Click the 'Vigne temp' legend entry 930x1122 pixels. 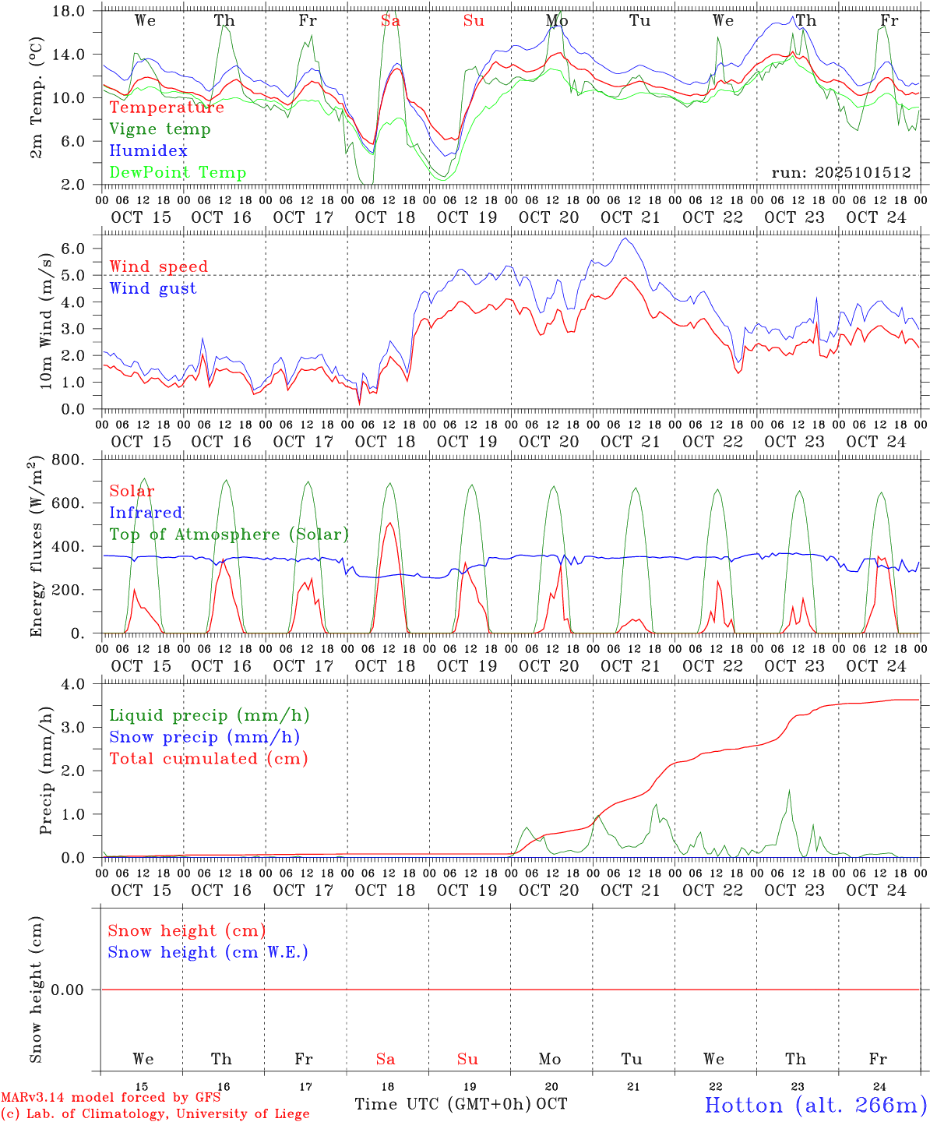point(160,129)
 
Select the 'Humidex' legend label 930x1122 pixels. point(148,151)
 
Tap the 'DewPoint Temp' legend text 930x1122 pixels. point(178,173)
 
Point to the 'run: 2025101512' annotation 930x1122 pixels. point(841,173)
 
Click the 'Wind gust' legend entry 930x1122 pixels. point(153,288)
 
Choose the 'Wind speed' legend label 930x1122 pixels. point(159,266)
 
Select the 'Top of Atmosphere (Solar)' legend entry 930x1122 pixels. point(228,535)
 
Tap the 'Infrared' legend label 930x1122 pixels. point(146,513)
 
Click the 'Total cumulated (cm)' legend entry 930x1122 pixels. point(208,759)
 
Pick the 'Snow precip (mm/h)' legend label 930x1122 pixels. point(204,737)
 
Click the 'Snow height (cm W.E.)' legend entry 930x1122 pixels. point(208,952)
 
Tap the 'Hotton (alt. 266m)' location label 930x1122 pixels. point(815,1105)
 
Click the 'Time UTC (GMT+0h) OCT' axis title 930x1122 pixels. point(461,1104)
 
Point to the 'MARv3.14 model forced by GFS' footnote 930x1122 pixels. point(111,1098)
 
